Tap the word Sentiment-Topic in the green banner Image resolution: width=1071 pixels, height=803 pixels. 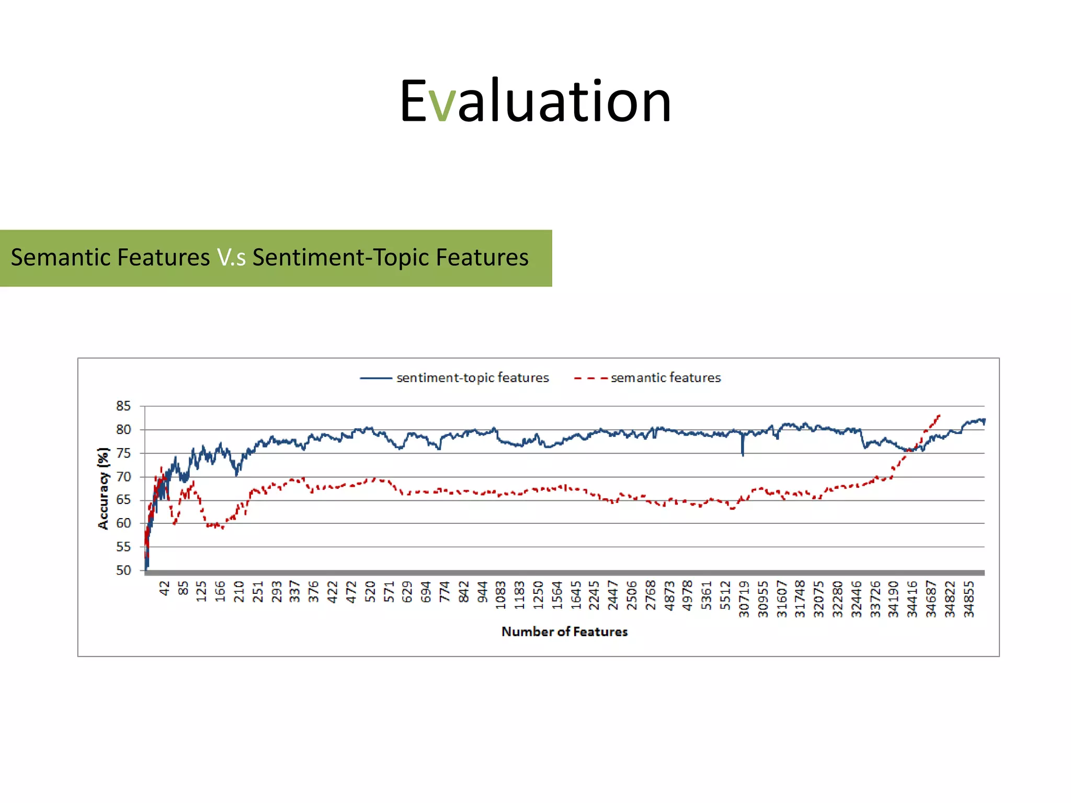click(x=341, y=258)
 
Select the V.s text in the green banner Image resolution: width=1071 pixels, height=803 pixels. click(x=231, y=258)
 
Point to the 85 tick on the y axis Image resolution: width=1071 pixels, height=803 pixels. click(x=123, y=406)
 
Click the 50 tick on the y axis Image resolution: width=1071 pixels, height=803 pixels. click(x=123, y=570)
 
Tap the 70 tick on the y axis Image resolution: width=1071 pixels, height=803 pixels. click(x=123, y=477)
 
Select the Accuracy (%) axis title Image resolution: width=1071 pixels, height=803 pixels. click(x=104, y=488)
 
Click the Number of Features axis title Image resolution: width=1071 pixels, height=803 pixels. click(x=564, y=632)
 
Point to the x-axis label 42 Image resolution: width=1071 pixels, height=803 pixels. click(x=165, y=589)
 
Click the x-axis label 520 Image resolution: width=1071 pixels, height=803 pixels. click(x=370, y=591)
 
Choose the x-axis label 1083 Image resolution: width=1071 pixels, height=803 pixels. click(x=500, y=595)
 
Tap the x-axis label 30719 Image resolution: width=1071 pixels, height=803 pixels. click(x=744, y=599)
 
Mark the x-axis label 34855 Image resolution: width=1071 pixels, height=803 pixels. click(x=969, y=599)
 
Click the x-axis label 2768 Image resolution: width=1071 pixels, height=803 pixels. click(x=650, y=595)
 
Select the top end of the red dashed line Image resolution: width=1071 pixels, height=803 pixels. click(x=939, y=416)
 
